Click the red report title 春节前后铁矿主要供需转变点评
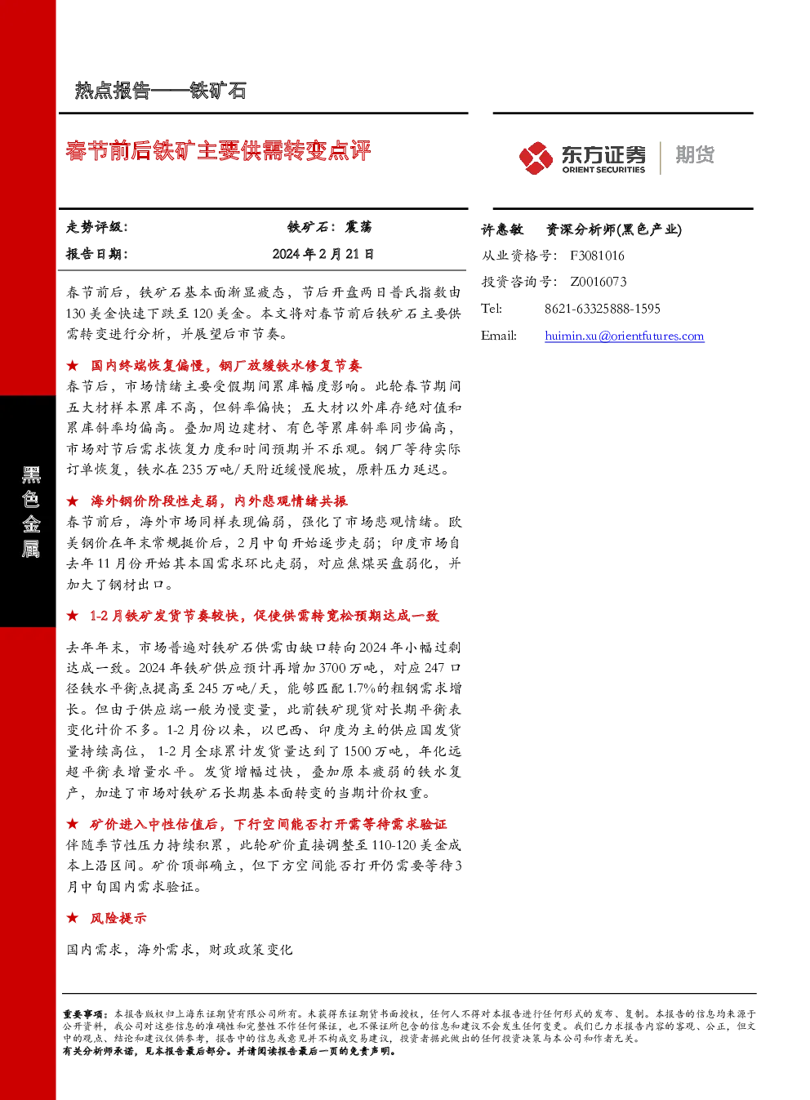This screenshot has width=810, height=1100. [218, 150]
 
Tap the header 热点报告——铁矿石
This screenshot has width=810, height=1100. [161, 91]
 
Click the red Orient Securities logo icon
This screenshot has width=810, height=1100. [536, 158]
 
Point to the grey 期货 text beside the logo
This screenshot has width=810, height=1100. [695, 154]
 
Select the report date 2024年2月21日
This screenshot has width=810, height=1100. [323, 254]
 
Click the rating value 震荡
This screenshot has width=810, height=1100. [358, 227]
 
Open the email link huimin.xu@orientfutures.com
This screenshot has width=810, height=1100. [625, 336]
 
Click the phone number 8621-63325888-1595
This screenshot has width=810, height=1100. [603, 309]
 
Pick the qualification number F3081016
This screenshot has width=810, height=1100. [597, 256]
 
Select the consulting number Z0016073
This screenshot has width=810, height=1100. [598, 282]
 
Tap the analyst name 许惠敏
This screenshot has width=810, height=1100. [502, 229]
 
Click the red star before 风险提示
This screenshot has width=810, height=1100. [72, 918]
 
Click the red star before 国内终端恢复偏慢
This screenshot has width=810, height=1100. [72, 365]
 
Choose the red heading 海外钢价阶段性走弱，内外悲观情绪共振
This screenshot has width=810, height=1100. [219, 501]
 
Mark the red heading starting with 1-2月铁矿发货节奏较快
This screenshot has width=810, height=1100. [264, 616]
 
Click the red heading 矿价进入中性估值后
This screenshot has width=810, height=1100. [268, 824]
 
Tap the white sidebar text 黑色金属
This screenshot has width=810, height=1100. [31, 512]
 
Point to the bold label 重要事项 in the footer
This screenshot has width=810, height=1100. [82, 1013]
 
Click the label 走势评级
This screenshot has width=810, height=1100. [96, 227]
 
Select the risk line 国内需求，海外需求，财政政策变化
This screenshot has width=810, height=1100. [179, 950]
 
